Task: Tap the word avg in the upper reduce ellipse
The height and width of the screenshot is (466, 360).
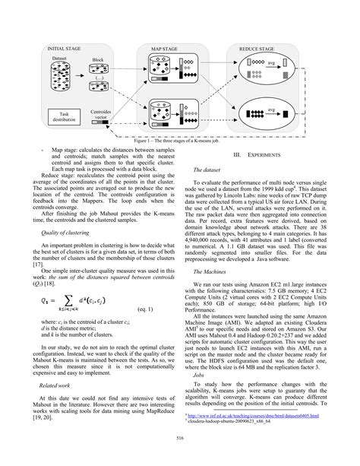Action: tap(271, 63)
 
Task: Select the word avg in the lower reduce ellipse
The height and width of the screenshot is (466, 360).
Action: tap(271, 109)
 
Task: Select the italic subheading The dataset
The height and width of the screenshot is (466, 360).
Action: tap(207, 170)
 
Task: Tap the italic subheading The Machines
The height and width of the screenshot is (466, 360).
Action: tap(210, 271)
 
